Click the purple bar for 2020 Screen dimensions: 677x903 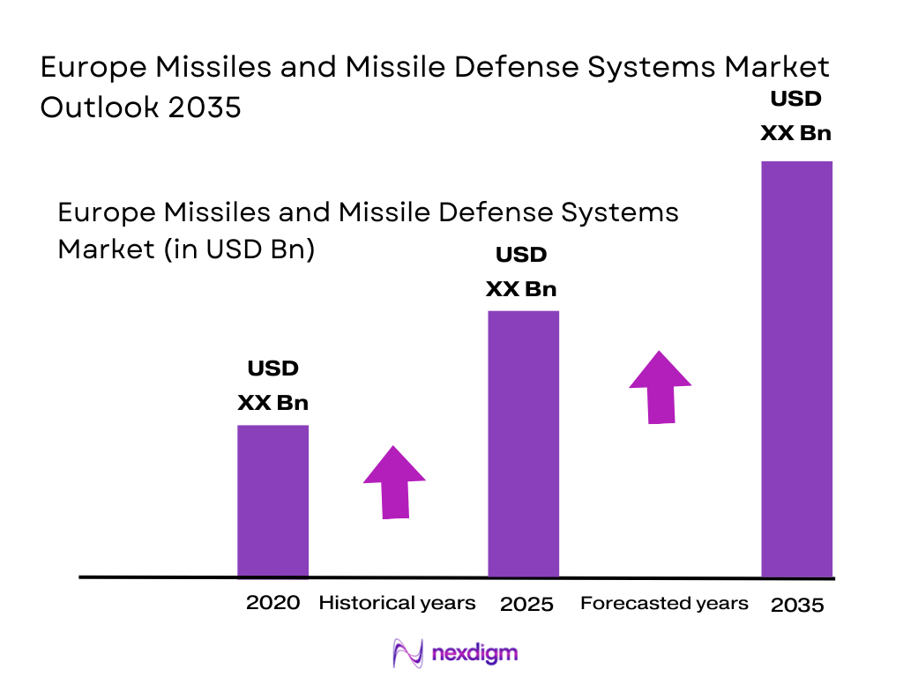272,501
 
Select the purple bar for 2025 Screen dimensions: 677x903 524,443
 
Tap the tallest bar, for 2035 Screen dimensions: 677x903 796,368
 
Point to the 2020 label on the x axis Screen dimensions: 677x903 272,603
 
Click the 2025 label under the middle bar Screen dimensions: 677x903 526,604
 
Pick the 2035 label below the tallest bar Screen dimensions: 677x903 797,605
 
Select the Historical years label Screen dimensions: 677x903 397,603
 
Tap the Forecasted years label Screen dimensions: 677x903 664,603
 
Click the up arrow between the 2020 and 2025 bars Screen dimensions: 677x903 394,482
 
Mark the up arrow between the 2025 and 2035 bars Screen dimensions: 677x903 660,387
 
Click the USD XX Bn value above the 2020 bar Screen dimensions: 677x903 272,386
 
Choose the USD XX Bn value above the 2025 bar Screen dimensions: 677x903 521,272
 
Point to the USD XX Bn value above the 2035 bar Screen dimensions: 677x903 796,116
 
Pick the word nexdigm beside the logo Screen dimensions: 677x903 475,653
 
